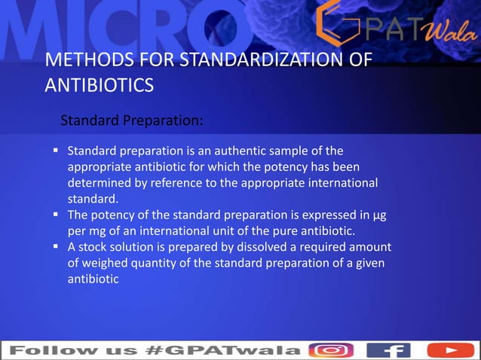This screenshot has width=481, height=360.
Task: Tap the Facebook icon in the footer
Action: (x=388, y=350)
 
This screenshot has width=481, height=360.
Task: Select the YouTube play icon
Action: (x=450, y=350)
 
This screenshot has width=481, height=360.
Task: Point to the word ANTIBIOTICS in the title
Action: (x=100, y=84)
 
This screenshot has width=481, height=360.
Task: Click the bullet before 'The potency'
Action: (x=57, y=215)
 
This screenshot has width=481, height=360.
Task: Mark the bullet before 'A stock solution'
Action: (x=57, y=246)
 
